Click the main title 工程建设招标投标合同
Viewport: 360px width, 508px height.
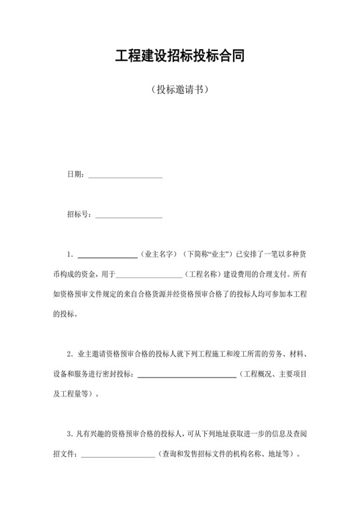click(179, 56)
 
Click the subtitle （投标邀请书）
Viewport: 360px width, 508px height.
click(179, 90)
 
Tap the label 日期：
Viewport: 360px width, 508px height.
click(76, 175)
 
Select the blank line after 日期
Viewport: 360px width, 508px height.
click(125, 176)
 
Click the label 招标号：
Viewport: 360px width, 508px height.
click(79, 215)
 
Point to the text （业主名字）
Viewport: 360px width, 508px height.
click(159, 255)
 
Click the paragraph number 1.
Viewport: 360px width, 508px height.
click(70, 255)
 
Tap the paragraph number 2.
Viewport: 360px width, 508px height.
click(70, 354)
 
